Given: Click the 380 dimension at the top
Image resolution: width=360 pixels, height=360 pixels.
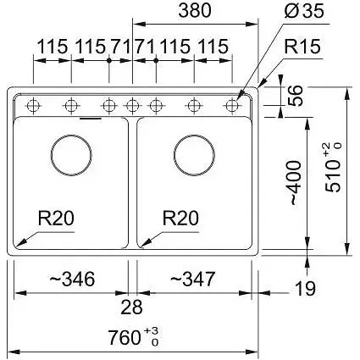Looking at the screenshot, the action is coord(195,10).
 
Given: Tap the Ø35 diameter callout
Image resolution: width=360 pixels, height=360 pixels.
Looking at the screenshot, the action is coord(304,11).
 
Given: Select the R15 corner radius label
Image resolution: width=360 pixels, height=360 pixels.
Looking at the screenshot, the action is coord(302,47).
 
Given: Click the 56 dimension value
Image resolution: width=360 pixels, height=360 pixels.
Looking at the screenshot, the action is coord(296,96).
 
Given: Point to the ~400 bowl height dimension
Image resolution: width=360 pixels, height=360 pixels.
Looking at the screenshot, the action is coord(296,183).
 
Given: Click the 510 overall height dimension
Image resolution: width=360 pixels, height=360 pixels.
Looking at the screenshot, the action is coord(333,168).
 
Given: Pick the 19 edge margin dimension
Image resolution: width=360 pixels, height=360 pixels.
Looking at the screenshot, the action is coord(305,289).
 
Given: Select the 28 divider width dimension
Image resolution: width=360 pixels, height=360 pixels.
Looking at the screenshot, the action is coord(131,307).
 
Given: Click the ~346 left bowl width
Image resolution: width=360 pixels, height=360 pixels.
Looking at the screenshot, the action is coord(72,279).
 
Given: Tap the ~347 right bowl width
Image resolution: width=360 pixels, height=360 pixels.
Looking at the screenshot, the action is coord(193,279).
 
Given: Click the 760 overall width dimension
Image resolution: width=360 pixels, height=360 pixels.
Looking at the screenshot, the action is coord(134,336).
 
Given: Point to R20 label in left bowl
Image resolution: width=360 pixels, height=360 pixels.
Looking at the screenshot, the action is coord(56,218).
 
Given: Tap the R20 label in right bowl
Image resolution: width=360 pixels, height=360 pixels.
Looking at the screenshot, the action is coord(180,218).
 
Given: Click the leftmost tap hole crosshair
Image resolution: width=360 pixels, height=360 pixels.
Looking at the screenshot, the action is coord(33,106).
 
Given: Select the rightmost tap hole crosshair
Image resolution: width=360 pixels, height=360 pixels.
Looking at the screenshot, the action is coord(232,106).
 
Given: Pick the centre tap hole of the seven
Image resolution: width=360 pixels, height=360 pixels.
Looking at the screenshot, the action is coord(132,106).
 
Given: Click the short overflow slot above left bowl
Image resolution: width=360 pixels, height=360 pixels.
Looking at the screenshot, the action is coord(91,119).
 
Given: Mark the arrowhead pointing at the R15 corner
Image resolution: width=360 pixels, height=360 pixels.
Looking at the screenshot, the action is coord(262,82).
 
